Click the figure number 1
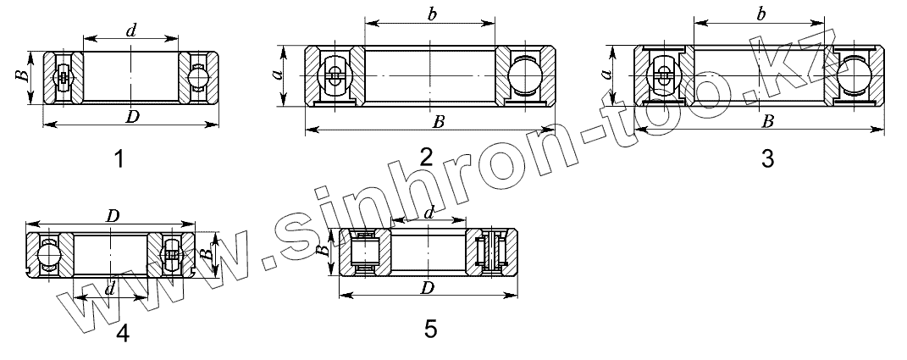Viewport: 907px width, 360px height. point(119,158)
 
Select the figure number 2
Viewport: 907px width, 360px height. point(426,157)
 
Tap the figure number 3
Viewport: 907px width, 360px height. point(767,158)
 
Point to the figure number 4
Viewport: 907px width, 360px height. point(123,334)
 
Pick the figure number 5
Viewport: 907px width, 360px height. point(430,329)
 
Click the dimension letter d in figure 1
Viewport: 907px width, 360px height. point(131,30)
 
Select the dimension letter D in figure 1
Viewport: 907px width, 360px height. point(133,117)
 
